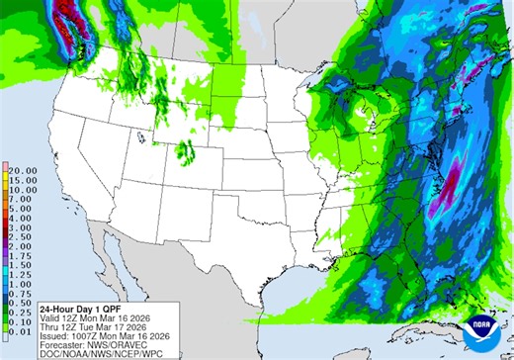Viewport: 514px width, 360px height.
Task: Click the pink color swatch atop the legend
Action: pos(5,166)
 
